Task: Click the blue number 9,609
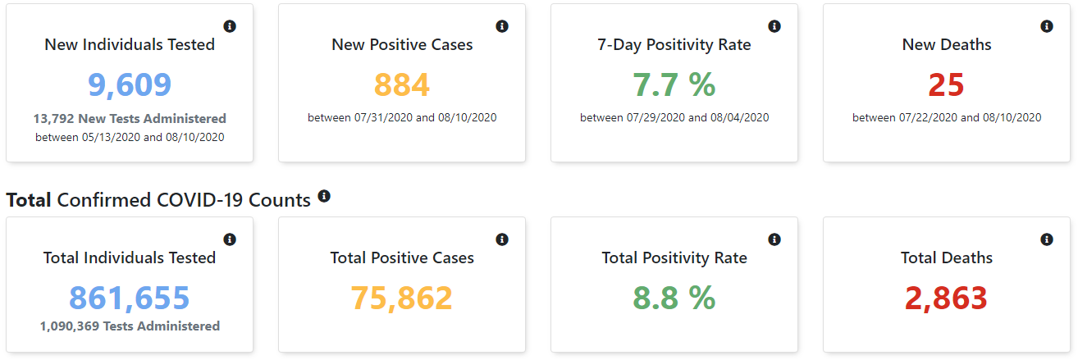tap(130, 85)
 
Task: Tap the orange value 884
tap(402, 85)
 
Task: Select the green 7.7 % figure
tap(674, 85)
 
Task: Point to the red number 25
tap(947, 85)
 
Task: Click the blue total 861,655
tap(130, 298)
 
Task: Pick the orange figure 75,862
tap(402, 298)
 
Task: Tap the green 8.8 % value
tap(674, 298)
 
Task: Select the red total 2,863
tap(947, 298)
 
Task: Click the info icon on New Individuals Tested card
tap(230, 26)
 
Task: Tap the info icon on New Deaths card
tap(1047, 26)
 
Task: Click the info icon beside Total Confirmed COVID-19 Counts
tap(324, 196)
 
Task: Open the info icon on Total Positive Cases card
tap(502, 239)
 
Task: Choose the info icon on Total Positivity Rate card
tap(774, 239)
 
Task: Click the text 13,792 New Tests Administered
tap(130, 119)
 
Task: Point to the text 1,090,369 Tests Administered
tap(130, 326)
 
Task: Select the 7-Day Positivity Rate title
tap(674, 44)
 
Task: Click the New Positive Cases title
tap(402, 44)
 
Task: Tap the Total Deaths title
tap(947, 257)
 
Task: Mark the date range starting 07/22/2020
tap(947, 118)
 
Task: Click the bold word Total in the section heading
tap(29, 200)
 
